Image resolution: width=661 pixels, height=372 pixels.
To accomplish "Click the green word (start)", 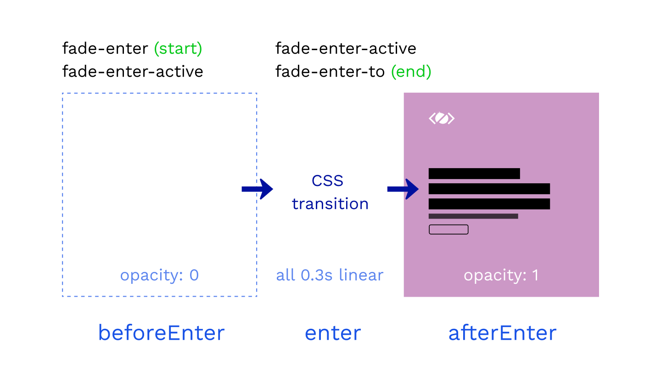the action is click(x=178, y=48).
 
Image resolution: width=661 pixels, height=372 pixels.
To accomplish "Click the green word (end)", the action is click(x=411, y=72).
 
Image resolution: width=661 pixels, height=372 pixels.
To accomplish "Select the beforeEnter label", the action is click(x=162, y=333).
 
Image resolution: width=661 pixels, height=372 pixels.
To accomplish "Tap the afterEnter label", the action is click(x=502, y=333).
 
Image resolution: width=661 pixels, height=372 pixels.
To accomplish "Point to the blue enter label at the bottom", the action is click(x=333, y=333).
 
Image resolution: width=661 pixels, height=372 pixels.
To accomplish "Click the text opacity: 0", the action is click(x=159, y=276).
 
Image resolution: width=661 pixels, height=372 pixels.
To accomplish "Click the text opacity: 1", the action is click(x=501, y=276).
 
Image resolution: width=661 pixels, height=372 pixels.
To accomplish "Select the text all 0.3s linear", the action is click(x=330, y=275).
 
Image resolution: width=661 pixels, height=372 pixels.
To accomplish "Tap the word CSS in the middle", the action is click(x=327, y=180).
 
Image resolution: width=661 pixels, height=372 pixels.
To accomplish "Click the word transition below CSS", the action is click(x=330, y=204).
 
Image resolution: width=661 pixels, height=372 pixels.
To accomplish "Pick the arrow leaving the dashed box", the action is click(x=258, y=189).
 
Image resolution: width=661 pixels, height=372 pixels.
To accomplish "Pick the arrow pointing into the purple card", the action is click(x=403, y=189).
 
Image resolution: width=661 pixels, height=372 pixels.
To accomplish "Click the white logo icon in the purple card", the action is click(x=442, y=118).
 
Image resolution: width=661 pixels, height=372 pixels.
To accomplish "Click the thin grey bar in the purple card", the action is click(x=473, y=216).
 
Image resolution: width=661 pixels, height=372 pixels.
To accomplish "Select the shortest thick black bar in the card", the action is click(x=474, y=174).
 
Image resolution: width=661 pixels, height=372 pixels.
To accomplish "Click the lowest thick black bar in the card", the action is click(x=489, y=204).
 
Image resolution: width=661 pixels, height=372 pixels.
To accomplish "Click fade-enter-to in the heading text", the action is click(x=330, y=72).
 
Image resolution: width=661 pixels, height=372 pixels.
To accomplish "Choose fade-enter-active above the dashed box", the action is click(x=133, y=72).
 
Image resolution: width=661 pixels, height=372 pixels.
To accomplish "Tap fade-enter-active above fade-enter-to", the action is click(x=346, y=48).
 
